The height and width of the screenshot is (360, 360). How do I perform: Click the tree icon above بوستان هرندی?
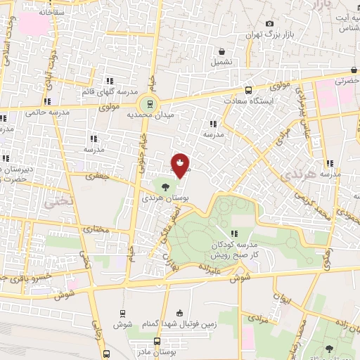[x=165, y=186]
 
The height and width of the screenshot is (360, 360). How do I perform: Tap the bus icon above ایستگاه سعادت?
[x=247, y=90]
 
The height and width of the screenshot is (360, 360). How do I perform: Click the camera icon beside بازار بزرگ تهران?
[x=270, y=24]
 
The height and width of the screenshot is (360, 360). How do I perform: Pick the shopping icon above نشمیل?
[x=222, y=51]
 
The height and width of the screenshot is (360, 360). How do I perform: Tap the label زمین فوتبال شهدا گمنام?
[x=179, y=324]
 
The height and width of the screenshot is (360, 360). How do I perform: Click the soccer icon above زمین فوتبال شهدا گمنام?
[x=179, y=313]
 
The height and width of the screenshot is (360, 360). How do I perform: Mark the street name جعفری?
[x=98, y=177]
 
